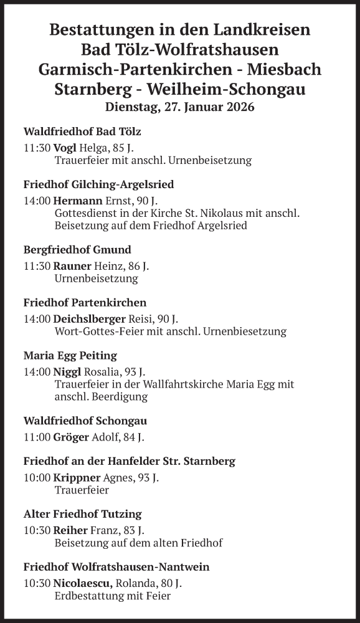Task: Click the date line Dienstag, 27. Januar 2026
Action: click(x=180, y=107)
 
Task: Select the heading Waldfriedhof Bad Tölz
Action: click(x=82, y=131)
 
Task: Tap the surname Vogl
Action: click(x=65, y=148)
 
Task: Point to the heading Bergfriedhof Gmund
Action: click(x=77, y=250)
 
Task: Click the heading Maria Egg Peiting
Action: click(x=70, y=356)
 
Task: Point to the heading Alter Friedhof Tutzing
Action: click(x=82, y=514)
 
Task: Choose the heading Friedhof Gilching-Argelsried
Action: click(x=98, y=184)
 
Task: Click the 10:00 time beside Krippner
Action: click(x=37, y=478)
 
